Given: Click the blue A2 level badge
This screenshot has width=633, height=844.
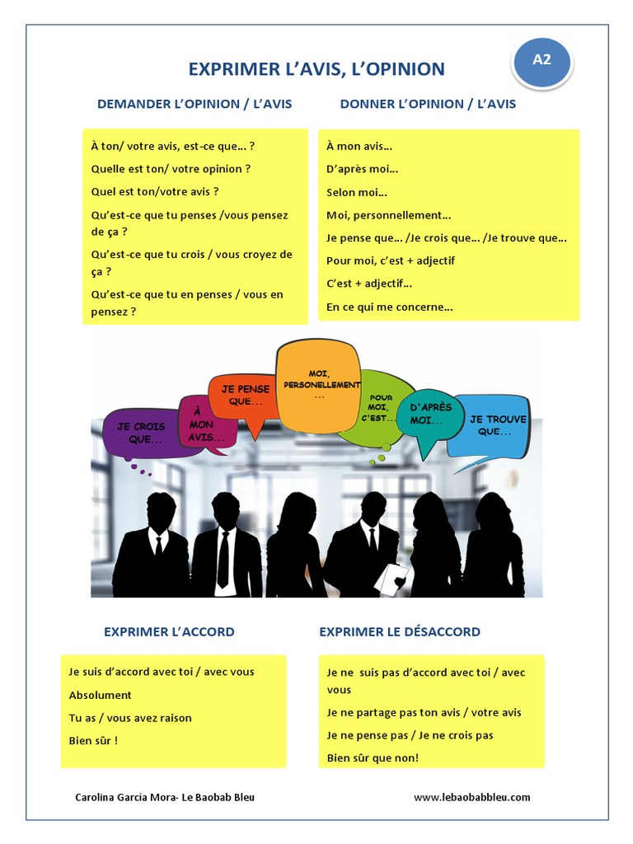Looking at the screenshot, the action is click(542, 60).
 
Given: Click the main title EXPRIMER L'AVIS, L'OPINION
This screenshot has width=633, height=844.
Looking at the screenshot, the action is click(316, 69).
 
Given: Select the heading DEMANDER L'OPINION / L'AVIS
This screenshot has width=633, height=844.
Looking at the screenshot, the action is click(195, 105).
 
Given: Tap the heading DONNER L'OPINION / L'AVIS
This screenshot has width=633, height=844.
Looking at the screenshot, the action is click(428, 105).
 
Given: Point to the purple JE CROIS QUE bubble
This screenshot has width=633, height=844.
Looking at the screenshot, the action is click(140, 433).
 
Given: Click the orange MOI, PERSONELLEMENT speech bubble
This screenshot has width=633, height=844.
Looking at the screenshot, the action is click(318, 386).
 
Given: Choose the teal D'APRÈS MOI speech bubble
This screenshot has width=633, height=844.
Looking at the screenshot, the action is click(425, 415).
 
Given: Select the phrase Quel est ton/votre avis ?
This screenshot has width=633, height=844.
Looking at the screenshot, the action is click(155, 192).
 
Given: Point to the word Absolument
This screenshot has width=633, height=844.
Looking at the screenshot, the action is click(101, 695).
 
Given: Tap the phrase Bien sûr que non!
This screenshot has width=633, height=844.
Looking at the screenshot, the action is click(373, 757).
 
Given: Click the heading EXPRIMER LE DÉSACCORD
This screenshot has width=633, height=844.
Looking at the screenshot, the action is click(400, 632).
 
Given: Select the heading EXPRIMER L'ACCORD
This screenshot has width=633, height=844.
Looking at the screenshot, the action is click(169, 632).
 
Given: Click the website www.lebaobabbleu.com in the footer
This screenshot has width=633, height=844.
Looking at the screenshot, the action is click(471, 797).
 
